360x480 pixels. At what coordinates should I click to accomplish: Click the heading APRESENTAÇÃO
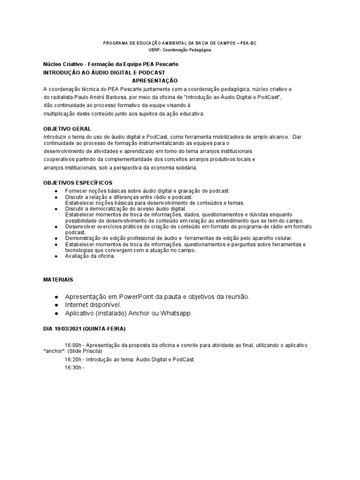tap(155, 81)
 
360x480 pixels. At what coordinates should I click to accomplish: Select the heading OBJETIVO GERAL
tap(67, 128)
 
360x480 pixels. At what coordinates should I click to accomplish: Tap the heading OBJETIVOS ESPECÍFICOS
tap(78, 182)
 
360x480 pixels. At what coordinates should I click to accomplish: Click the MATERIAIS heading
tap(58, 279)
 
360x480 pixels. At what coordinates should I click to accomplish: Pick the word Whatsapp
tap(176, 313)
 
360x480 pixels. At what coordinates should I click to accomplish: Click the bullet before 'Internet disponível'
tap(56, 305)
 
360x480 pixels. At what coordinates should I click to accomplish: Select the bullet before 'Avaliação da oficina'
tap(56, 256)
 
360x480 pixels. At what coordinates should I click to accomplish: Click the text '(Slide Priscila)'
tap(85, 351)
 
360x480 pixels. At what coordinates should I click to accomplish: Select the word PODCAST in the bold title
tap(149, 73)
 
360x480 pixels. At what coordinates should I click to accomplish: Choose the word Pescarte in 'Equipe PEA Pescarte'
tap(166, 64)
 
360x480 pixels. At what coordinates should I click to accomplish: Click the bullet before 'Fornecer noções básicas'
tap(56, 192)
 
